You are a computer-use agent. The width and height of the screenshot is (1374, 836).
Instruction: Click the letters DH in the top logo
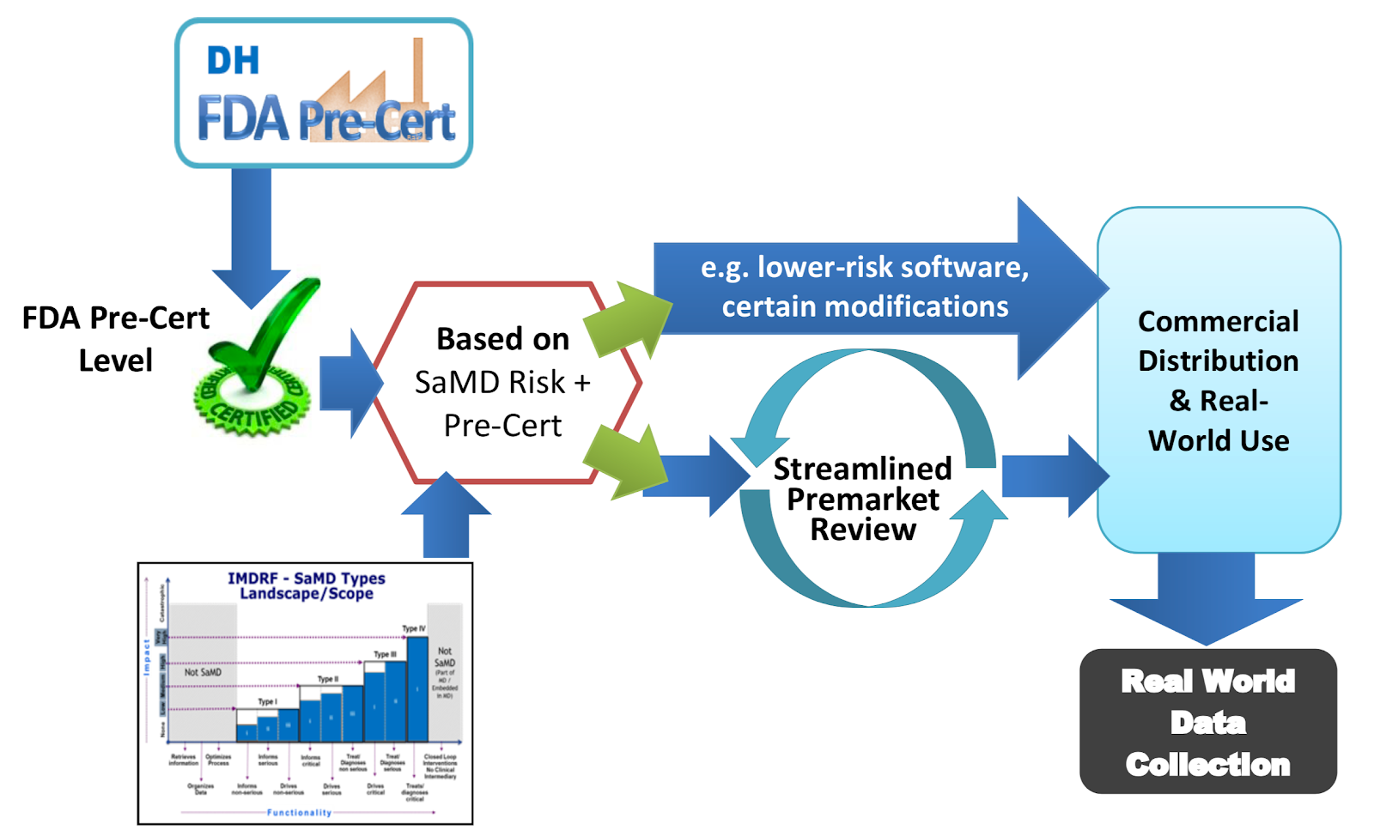[233, 61]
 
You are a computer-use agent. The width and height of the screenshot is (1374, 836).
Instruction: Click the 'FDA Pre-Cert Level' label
[115, 339]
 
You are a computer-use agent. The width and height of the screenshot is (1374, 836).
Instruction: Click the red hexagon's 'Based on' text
[502, 339]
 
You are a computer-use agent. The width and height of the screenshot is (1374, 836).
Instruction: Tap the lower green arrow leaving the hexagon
[627, 460]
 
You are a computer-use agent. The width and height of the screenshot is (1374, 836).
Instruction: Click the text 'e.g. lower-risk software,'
[865, 267]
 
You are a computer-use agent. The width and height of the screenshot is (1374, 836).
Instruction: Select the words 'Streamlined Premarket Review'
[863, 499]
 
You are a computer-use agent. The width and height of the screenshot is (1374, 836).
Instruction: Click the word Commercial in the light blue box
[1218, 322]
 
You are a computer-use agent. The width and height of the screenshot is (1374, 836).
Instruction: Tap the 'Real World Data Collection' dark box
[1207, 722]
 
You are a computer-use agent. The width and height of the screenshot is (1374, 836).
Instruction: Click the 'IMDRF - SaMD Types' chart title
[306, 579]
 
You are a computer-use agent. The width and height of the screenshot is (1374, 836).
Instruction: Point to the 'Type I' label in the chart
[268, 701]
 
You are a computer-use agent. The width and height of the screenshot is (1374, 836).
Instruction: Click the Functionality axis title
[299, 812]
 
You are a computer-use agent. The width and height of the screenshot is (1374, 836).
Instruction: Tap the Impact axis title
[147, 657]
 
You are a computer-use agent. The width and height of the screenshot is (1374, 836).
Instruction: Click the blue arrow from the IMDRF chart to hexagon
[447, 519]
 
